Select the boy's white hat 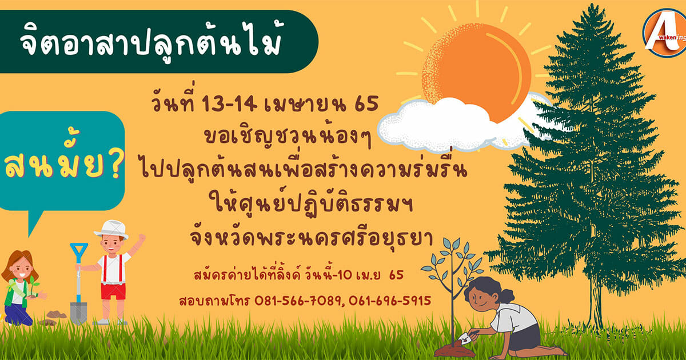(x=111, y=229)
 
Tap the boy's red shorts (x=113, y=291)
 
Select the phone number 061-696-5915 (x=389, y=301)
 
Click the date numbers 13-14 (x=229, y=103)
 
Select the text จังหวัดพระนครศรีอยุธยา (x=312, y=238)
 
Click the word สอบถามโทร (x=214, y=301)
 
